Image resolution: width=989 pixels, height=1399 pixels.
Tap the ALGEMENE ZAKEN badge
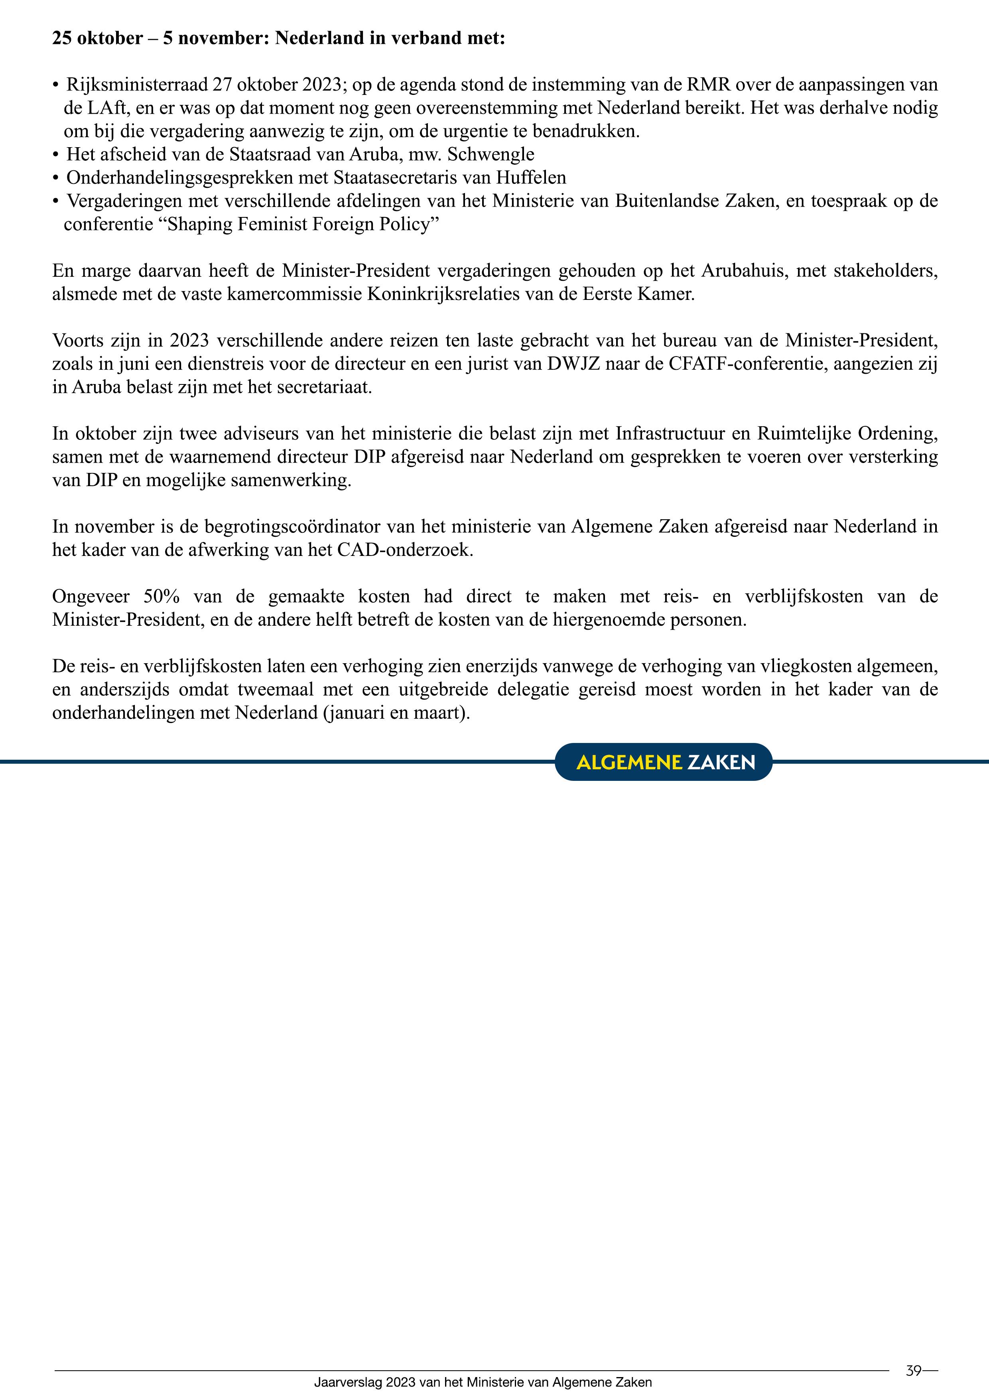pos(664,762)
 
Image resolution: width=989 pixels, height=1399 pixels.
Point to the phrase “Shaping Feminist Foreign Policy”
pos(303,224)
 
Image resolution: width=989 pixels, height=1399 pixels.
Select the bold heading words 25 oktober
pos(97,38)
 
